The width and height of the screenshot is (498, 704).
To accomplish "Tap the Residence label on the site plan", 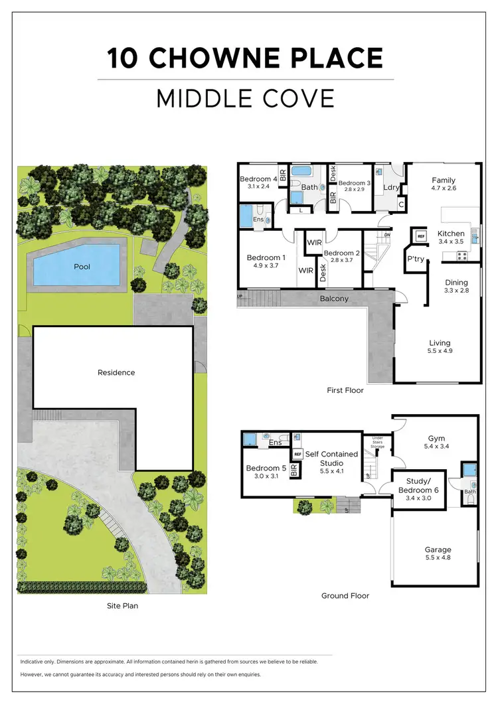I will pos(116,372).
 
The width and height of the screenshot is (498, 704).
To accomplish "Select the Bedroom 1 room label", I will pos(266,258).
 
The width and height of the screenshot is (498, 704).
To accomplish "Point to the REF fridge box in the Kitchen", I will pos(420,235).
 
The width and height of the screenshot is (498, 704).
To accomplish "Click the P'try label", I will pos(416,259).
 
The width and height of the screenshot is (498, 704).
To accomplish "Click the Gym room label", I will pos(436,439).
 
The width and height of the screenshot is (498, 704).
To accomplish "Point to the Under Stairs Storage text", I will pos(377,443).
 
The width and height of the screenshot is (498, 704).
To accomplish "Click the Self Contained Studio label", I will pos(331,458).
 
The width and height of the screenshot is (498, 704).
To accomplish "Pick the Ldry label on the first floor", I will pos(391,188).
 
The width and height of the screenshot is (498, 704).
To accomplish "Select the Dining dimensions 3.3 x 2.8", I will pos(456,291).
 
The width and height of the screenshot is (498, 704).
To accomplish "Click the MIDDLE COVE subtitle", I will pos(245,98).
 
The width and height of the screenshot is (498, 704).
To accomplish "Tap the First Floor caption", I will pos(345,390).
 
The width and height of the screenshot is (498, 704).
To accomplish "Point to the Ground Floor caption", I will pos(345,596).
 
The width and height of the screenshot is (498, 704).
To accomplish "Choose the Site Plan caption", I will pos(122,606).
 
